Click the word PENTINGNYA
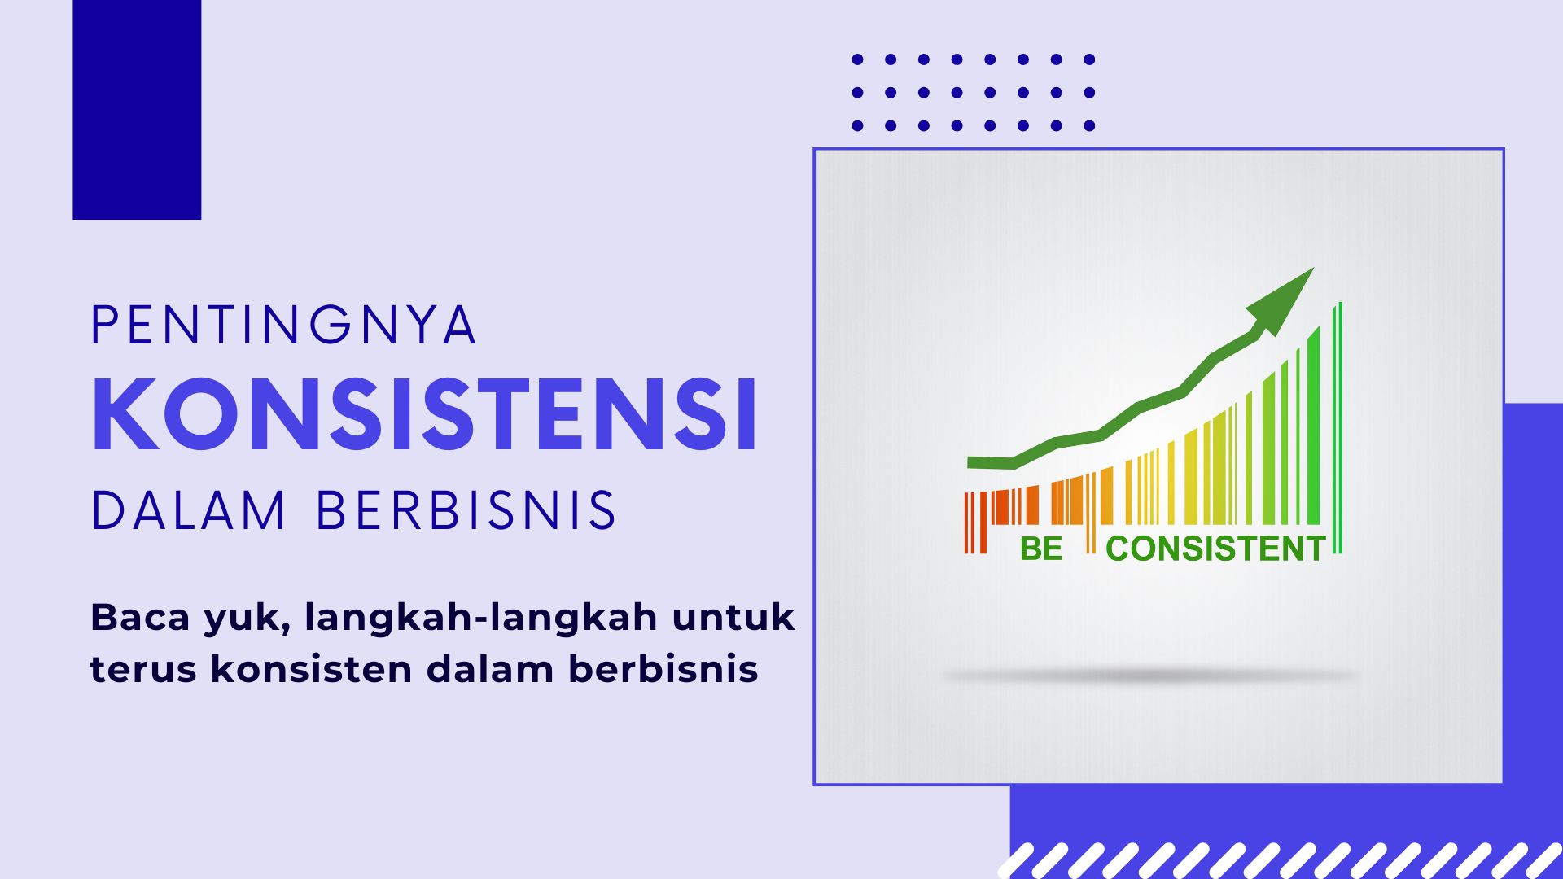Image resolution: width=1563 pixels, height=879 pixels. tap(283, 326)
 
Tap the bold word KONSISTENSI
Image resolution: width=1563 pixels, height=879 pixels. tap(425, 413)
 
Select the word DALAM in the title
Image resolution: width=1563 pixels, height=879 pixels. tap(188, 510)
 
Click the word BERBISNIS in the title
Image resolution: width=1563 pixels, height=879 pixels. tap(466, 510)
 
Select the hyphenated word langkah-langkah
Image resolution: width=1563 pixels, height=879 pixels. tap(481, 618)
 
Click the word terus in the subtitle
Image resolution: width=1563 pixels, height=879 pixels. tap(143, 670)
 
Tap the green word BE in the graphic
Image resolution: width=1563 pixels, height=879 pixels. tap(1041, 549)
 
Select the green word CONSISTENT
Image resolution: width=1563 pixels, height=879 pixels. tap(1215, 549)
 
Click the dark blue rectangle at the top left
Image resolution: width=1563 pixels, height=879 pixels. tap(137, 110)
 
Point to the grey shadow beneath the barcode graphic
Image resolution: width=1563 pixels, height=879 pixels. tap(1151, 676)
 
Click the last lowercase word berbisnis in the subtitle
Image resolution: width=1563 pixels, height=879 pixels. tap(663, 668)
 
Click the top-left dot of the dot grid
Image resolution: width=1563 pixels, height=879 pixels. tap(857, 59)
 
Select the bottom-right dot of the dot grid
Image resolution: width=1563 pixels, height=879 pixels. tap(1089, 125)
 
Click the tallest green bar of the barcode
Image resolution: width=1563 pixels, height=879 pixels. tap(1340, 428)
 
